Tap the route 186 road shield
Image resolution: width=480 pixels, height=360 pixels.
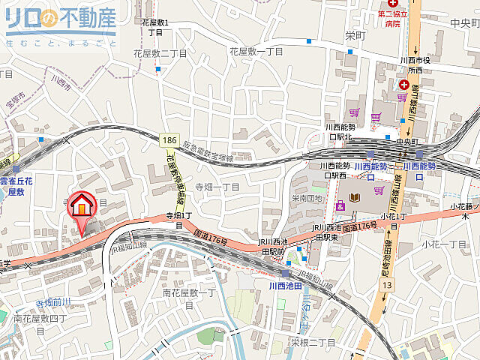click(169, 140)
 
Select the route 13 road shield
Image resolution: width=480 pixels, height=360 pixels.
click(387, 285)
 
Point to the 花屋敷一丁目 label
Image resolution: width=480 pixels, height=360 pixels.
click(256, 52)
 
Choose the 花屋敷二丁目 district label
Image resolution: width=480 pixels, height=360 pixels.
click(160, 53)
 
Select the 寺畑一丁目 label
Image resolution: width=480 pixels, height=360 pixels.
click(217, 187)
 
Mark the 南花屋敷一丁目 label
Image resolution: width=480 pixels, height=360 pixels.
click(188, 298)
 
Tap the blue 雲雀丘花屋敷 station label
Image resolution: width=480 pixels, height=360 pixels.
click(16, 186)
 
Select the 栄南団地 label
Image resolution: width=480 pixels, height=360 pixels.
click(307, 199)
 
